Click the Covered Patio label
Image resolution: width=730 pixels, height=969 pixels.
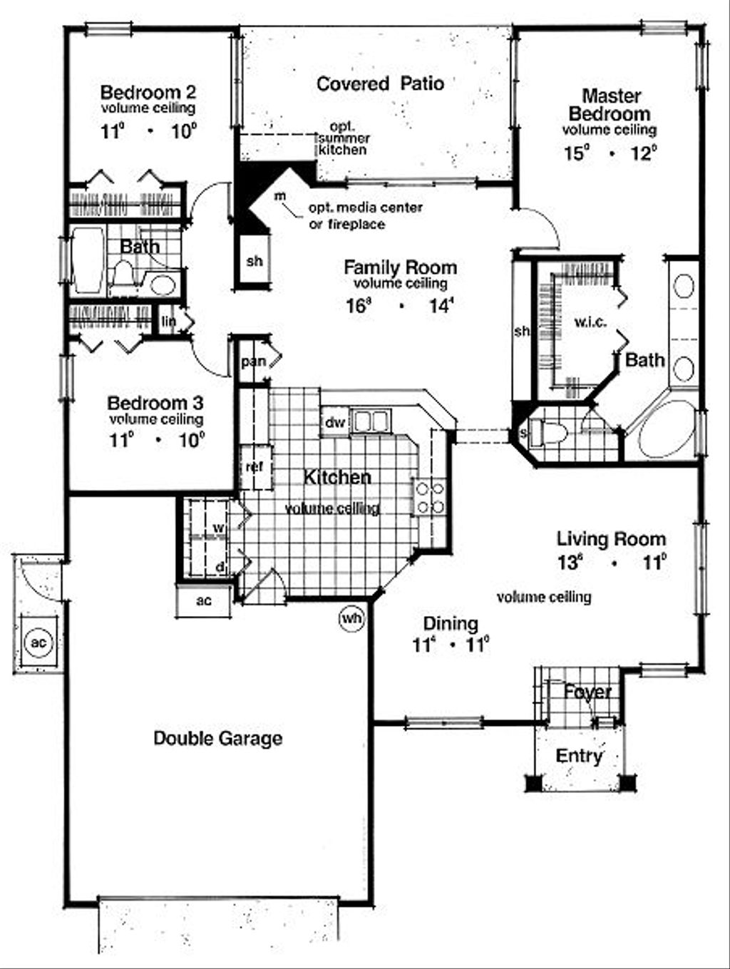380,84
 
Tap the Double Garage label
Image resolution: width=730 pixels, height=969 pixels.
217,738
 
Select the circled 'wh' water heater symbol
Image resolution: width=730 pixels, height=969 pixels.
351,618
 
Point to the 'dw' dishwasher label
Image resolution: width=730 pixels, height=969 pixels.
334,423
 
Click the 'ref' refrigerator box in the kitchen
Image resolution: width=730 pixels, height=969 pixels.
255,467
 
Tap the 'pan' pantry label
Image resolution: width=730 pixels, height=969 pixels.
252,362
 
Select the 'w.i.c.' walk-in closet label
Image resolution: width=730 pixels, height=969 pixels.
590,322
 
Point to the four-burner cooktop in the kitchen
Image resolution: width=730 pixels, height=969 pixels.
430,498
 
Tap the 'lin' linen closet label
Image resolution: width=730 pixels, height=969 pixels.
168,322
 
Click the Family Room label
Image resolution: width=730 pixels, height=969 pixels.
400,268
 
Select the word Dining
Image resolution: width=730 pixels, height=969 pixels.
451,624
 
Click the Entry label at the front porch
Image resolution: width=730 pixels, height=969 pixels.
579,756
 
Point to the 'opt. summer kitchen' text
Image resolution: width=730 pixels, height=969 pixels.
342,138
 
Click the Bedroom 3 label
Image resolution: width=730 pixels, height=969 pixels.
155,402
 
